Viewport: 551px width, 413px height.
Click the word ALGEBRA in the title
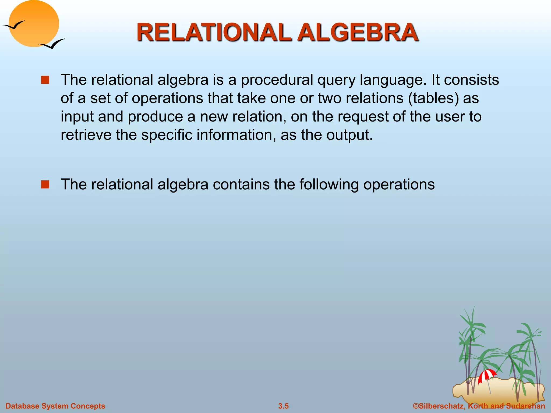pyautogui.click(x=358, y=33)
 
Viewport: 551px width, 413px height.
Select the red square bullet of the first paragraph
pyautogui.click(x=45, y=80)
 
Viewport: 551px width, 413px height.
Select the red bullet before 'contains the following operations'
pyautogui.click(x=45, y=184)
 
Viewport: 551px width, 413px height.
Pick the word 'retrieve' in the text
pyautogui.click(x=86, y=135)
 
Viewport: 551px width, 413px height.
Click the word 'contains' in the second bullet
pyautogui.click(x=241, y=184)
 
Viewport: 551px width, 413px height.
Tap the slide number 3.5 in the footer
pyautogui.click(x=283, y=406)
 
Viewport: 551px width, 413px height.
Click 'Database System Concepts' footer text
pyautogui.click(x=55, y=406)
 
